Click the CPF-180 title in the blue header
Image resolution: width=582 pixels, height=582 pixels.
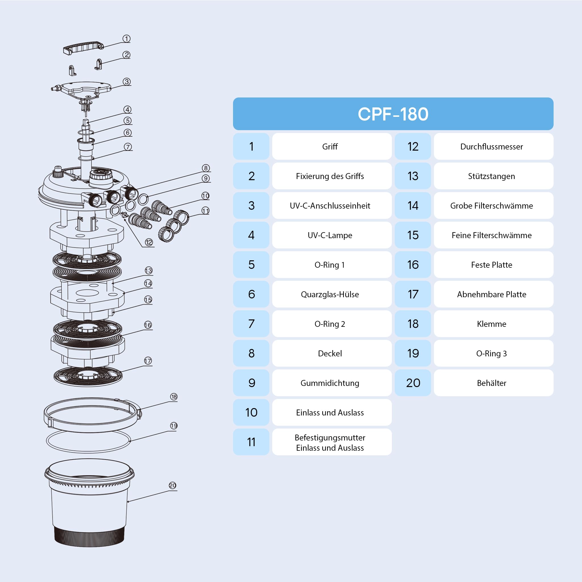(393, 114)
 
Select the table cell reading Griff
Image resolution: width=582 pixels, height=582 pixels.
(332, 146)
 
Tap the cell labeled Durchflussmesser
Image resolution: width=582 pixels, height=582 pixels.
(493, 146)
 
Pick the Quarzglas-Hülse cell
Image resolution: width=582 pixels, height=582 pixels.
(332, 294)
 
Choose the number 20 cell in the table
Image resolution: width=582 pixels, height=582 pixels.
(413, 383)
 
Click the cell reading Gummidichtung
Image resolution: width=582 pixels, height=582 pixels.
(332, 383)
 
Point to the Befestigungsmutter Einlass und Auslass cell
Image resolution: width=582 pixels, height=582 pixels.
(332, 442)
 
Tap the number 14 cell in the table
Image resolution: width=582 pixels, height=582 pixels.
(413, 205)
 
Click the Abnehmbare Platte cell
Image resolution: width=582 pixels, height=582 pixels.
(493, 294)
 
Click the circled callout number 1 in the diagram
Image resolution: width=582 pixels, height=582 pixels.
(126, 39)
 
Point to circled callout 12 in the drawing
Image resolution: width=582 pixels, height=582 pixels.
(149, 242)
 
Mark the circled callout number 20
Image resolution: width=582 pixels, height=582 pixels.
(172, 485)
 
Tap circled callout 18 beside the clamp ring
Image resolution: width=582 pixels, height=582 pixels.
(174, 397)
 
